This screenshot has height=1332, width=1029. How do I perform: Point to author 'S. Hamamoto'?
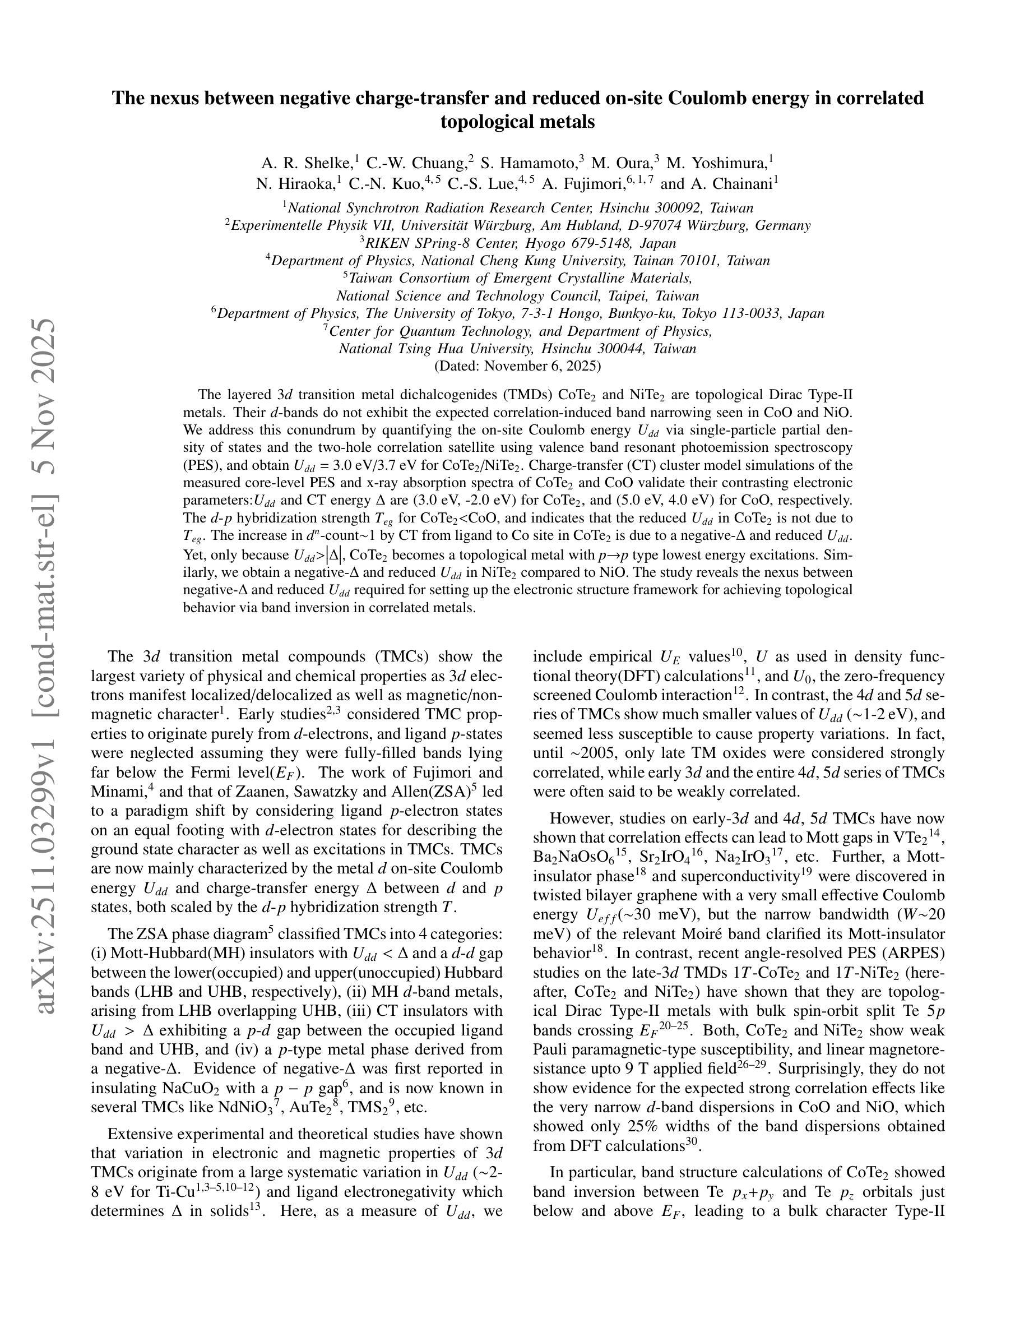tap(529, 164)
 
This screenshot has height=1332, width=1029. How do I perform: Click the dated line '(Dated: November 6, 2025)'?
tap(517, 366)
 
